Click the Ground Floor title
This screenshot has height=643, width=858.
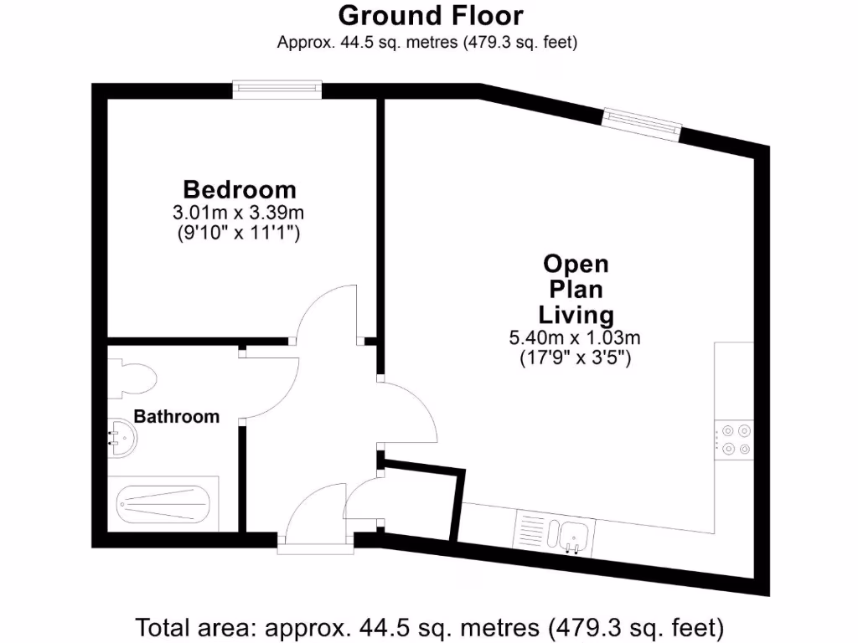[x=431, y=16]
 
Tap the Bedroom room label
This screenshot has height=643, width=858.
[x=240, y=189]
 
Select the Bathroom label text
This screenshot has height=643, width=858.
[x=177, y=416]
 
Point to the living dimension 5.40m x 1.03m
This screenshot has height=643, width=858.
[x=575, y=338]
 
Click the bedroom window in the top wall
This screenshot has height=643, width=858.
[x=277, y=89]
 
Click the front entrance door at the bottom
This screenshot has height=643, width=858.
[x=316, y=519]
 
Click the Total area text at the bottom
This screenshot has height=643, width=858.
[x=429, y=626]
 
